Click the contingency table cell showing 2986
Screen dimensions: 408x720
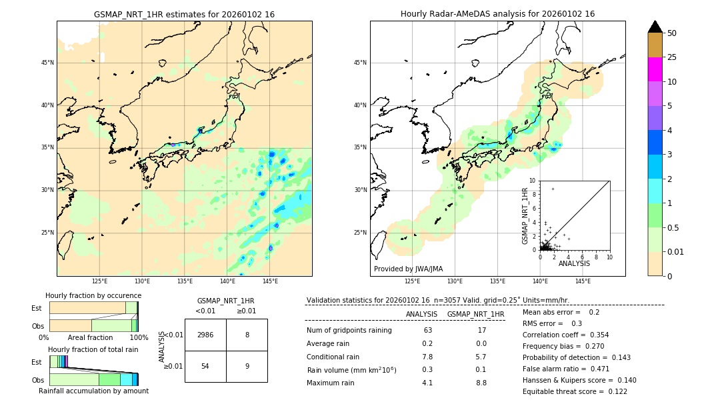[205, 335]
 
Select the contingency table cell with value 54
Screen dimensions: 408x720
[205, 367]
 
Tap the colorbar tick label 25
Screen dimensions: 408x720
[672, 57]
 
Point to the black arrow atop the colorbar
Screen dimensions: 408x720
[655, 27]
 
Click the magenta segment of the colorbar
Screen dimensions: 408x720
[655, 69]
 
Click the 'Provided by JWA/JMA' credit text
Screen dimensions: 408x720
[407, 269]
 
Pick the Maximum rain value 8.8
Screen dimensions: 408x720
[481, 383]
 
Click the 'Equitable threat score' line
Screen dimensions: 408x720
[575, 391]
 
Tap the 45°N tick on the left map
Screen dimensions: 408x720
[47, 63]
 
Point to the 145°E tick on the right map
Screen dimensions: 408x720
[582, 281]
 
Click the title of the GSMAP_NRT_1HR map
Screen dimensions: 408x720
[184, 14]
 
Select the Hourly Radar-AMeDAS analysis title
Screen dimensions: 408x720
[497, 14]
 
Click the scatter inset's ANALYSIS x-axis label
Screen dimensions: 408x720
[574, 263]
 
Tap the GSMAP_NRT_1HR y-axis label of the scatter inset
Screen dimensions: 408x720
[525, 215]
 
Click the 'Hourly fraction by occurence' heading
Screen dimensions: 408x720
[93, 295]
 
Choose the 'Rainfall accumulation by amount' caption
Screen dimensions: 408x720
[93, 391]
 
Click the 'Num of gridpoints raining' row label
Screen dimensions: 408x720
[349, 331]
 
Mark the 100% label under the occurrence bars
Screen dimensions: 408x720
[139, 338]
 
